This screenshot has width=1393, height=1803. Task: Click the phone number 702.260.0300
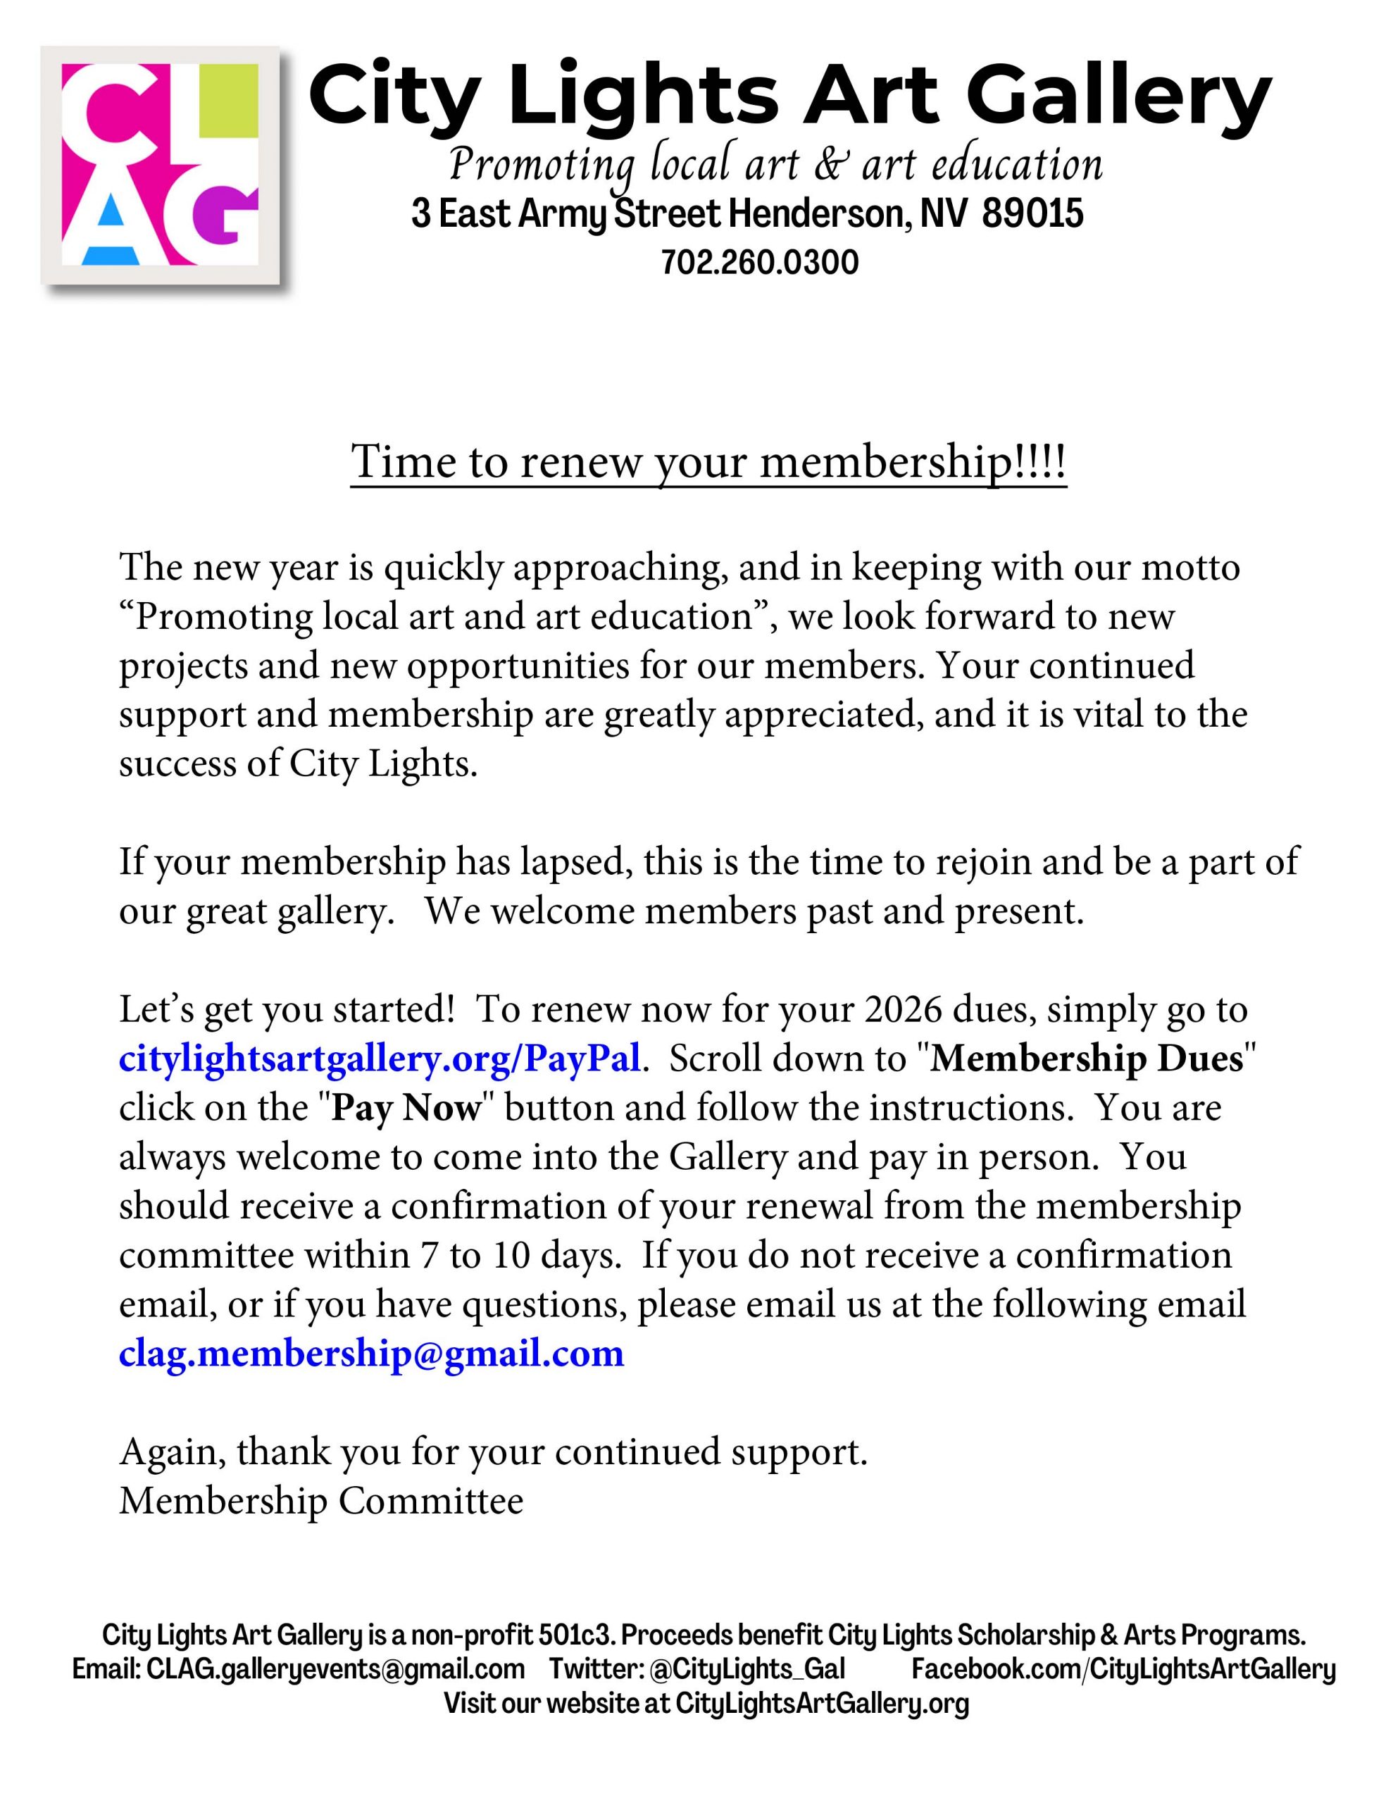[759, 263]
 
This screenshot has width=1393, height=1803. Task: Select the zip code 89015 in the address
[1032, 214]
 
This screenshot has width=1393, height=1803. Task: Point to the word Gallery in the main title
[1119, 97]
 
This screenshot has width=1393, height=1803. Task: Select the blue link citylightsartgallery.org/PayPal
[379, 1059]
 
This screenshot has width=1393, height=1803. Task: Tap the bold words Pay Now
[406, 1108]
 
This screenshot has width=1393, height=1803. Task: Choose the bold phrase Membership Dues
[1087, 1059]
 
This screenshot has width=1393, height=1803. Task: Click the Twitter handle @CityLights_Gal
[747, 1668]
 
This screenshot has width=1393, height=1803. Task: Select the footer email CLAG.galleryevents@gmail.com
[335, 1668]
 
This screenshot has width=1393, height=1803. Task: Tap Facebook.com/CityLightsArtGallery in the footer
[1123, 1668]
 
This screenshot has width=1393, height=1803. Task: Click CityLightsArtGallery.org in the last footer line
[822, 1702]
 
